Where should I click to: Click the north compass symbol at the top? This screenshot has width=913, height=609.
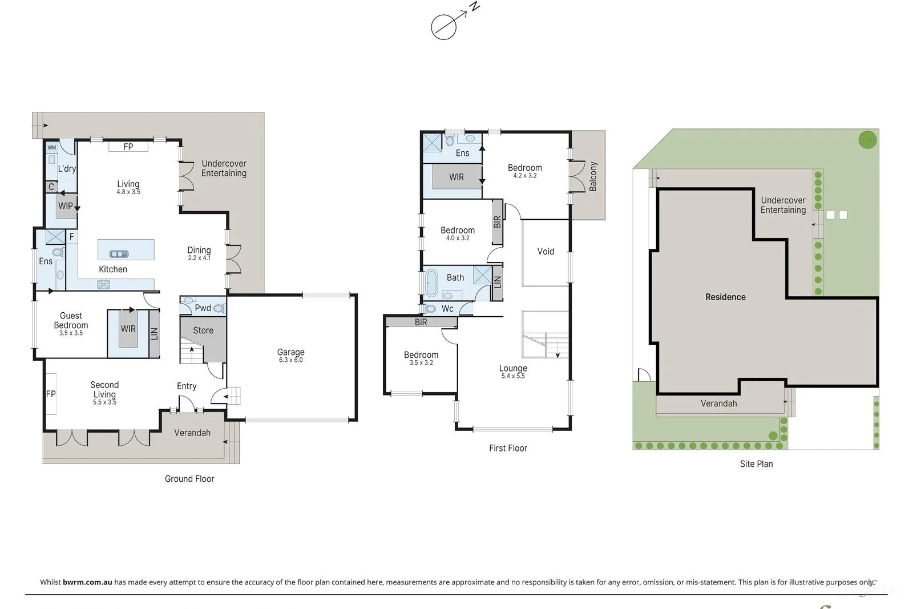click(x=444, y=27)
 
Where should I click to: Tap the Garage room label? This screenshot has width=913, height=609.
click(x=290, y=352)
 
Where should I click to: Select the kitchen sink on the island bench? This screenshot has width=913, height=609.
click(x=119, y=254)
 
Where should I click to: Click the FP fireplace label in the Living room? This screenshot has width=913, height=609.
click(x=128, y=147)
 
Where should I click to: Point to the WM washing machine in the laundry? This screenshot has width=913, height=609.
click(x=52, y=148)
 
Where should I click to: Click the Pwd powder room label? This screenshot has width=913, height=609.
click(x=203, y=308)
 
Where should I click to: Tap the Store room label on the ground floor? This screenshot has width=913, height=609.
click(x=203, y=330)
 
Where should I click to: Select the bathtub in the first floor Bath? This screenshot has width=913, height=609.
click(x=431, y=283)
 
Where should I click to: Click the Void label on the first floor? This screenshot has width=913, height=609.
click(x=546, y=251)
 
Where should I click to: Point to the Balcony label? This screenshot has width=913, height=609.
click(x=593, y=176)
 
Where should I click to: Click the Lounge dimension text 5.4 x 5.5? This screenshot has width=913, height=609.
click(x=513, y=376)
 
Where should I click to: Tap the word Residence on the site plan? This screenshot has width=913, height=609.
click(x=725, y=297)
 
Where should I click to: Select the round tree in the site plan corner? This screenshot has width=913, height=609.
click(x=867, y=139)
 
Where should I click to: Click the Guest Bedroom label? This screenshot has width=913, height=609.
click(x=71, y=320)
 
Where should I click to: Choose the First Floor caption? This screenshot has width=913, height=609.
click(x=508, y=448)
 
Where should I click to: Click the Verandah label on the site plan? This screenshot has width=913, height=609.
click(x=718, y=404)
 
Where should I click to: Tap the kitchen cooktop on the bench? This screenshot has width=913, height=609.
click(x=103, y=284)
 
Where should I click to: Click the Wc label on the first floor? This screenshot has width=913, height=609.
click(x=447, y=309)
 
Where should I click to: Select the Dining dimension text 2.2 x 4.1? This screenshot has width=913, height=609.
click(x=199, y=258)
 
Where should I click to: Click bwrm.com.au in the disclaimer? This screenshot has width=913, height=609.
click(x=87, y=582)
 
